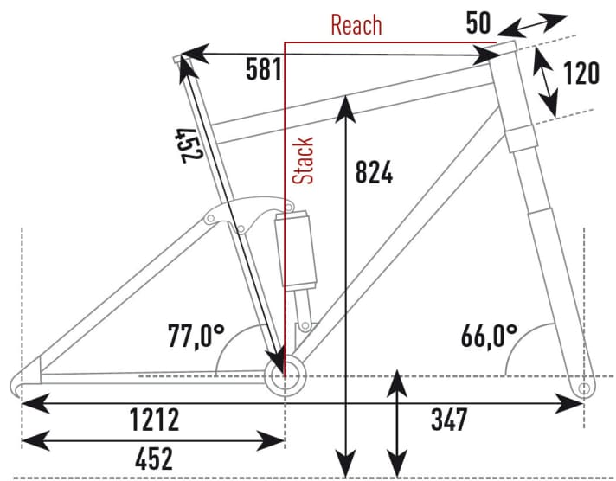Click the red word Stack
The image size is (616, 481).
click(303, 161)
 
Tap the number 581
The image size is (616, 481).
click(263, 70)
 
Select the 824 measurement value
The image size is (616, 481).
click(374, 172)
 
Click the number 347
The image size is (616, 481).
click(449, 421)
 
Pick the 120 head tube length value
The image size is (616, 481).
click(581, 74)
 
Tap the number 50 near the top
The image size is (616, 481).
click(479, 22)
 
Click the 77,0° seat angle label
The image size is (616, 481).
click(195, 335)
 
